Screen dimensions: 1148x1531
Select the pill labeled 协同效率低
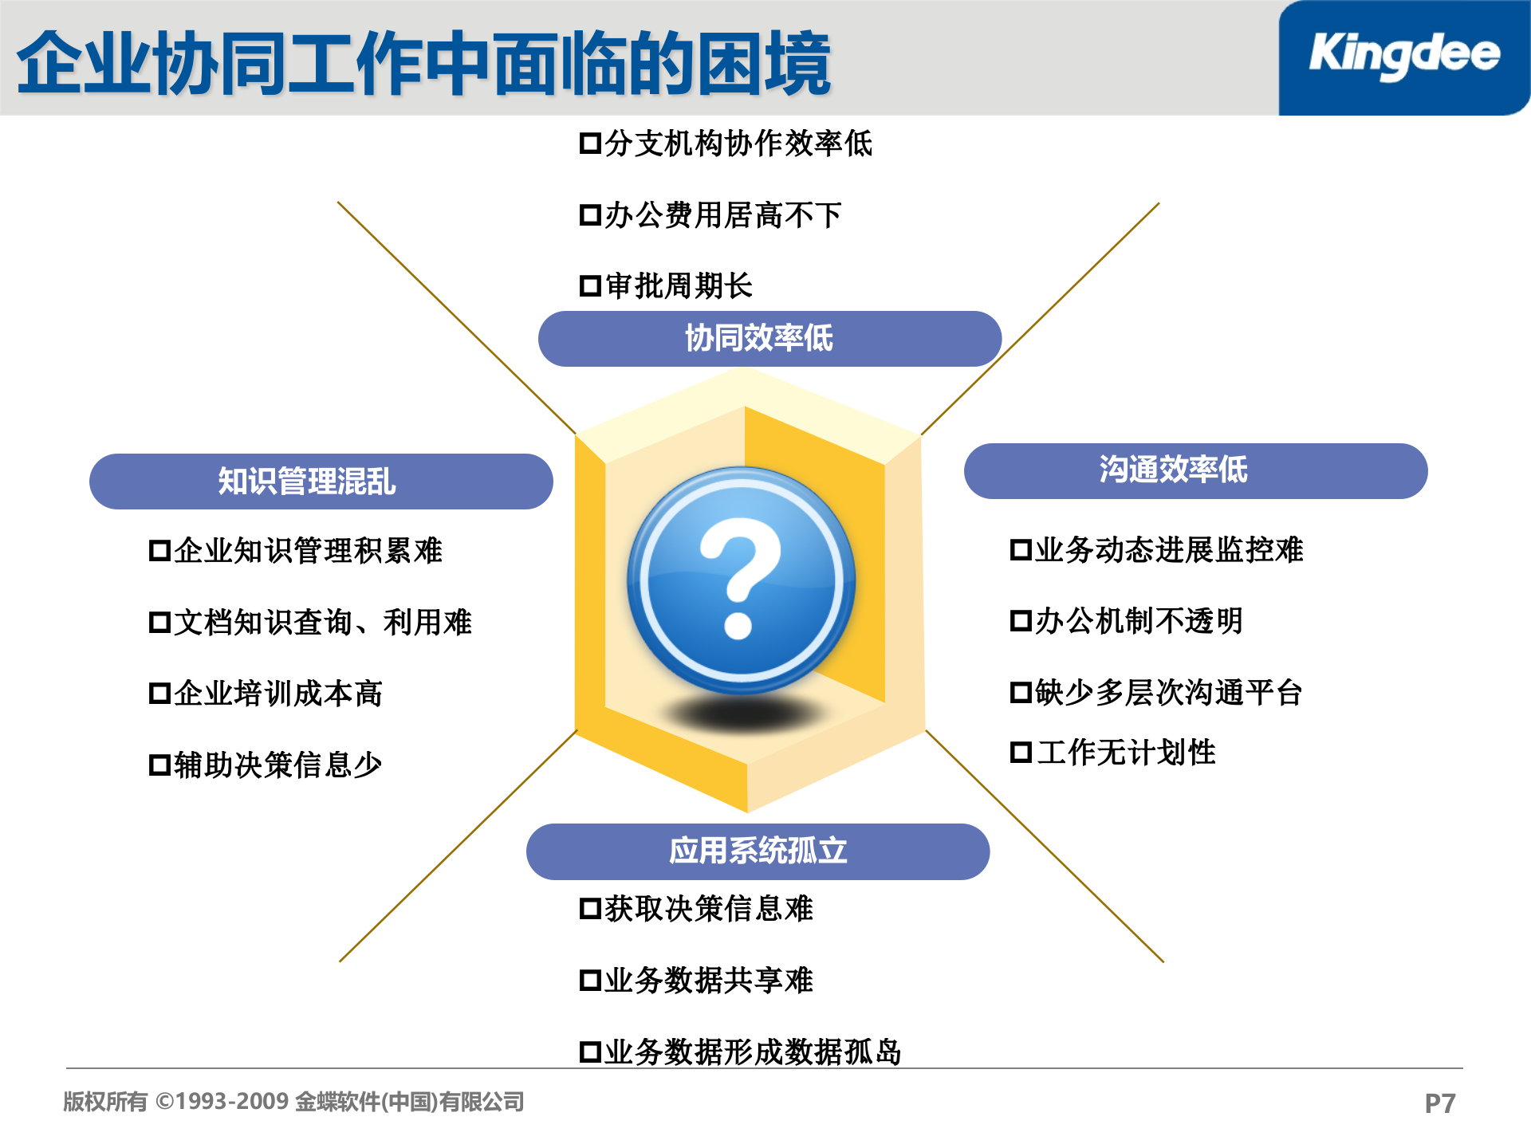(769, 339)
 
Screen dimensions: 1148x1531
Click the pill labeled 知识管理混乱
(321, 482)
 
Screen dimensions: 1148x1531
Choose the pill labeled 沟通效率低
(1195, 470)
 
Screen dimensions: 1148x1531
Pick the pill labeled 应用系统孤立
(758, 851)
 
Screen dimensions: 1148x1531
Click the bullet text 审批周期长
(679, 285)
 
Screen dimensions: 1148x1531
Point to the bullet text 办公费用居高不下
(722, 215)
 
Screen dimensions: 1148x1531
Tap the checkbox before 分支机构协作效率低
(590, 144)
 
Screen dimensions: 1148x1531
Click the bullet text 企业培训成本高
(278, 694)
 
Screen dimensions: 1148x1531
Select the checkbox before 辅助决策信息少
(159, 765)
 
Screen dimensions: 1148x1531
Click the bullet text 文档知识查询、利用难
(323, 623)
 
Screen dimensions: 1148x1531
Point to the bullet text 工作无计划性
(1126, 753)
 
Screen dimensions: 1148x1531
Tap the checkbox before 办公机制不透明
(1021, 621)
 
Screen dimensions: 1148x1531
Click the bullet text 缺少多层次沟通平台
(1168, 693)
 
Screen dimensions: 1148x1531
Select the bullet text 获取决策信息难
(709, 909)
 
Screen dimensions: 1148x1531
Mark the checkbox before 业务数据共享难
(590, 981)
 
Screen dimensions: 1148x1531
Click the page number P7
(1440, 1103)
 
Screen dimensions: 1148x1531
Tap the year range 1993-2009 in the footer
(232, 1102)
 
